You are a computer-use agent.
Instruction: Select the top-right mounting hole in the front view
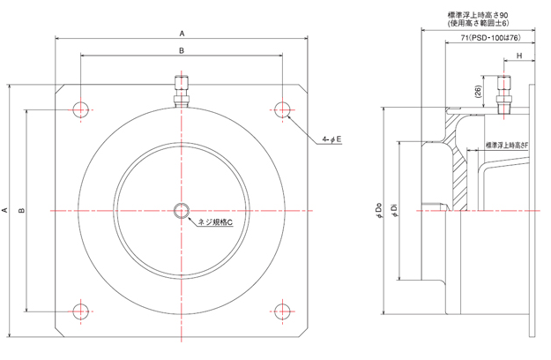(x=283, y=109)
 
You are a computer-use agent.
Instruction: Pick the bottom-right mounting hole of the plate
(x=283, y=311)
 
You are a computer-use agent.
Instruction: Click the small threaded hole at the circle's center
(x=182, y=210)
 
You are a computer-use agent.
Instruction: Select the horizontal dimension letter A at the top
(x=182, y=33)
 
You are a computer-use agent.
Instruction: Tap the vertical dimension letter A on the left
(x=6, y=210)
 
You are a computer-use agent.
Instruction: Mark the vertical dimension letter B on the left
(x=22, y=210)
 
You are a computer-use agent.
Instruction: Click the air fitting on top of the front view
(x=182, y=91)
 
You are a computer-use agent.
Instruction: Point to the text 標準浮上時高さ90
(x=485, y=15)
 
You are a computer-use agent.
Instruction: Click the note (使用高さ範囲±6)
(x=486, y=26)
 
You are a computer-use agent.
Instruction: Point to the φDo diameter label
(x=378, y=210)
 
